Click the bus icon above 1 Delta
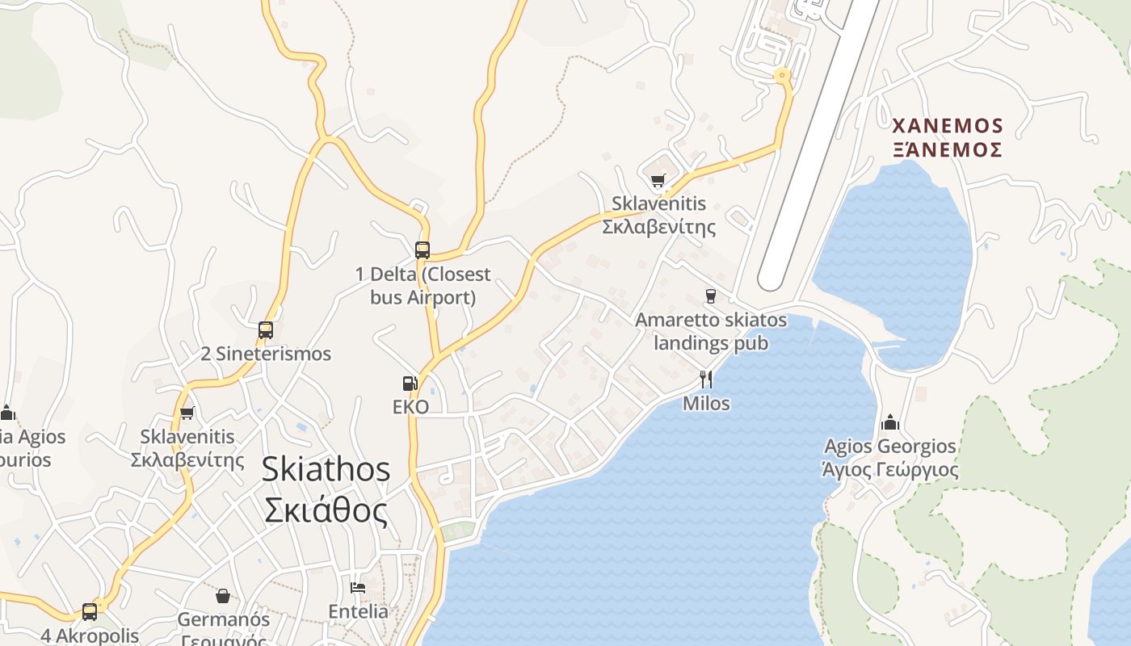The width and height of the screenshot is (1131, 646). (x=423, y=250)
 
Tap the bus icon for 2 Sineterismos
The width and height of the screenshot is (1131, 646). (x=266, y=329)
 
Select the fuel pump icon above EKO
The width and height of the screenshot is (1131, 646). (x=410, y=384)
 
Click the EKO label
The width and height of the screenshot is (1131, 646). (x=410, y=407)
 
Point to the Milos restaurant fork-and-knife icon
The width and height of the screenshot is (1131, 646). (x=706, y=379)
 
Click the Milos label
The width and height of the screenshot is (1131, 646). (x=706, y=402)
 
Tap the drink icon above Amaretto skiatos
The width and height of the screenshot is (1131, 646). (x=711, y=296)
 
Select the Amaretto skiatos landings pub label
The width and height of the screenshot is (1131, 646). (x=711, y=331)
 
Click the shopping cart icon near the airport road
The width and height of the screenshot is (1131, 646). (x=658, y=180)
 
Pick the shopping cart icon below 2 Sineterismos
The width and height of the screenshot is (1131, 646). (x=187, y=413)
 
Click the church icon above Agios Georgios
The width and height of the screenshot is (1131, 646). (x=890, y=422)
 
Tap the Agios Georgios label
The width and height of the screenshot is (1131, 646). (x=890, y=458)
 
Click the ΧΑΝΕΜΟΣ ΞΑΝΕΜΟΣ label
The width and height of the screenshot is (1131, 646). (x=948, y=137)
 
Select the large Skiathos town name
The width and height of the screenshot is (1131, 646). (x=326, y=489)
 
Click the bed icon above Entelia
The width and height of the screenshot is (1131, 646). (x=358, y=588)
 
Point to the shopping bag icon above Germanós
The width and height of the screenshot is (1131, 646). (x=223, y=596)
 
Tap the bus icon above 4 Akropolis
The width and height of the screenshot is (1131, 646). (x=90, y=611)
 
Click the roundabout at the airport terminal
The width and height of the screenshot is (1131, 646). (x=781, y=76)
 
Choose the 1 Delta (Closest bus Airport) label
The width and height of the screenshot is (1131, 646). (x=423, y=286)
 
